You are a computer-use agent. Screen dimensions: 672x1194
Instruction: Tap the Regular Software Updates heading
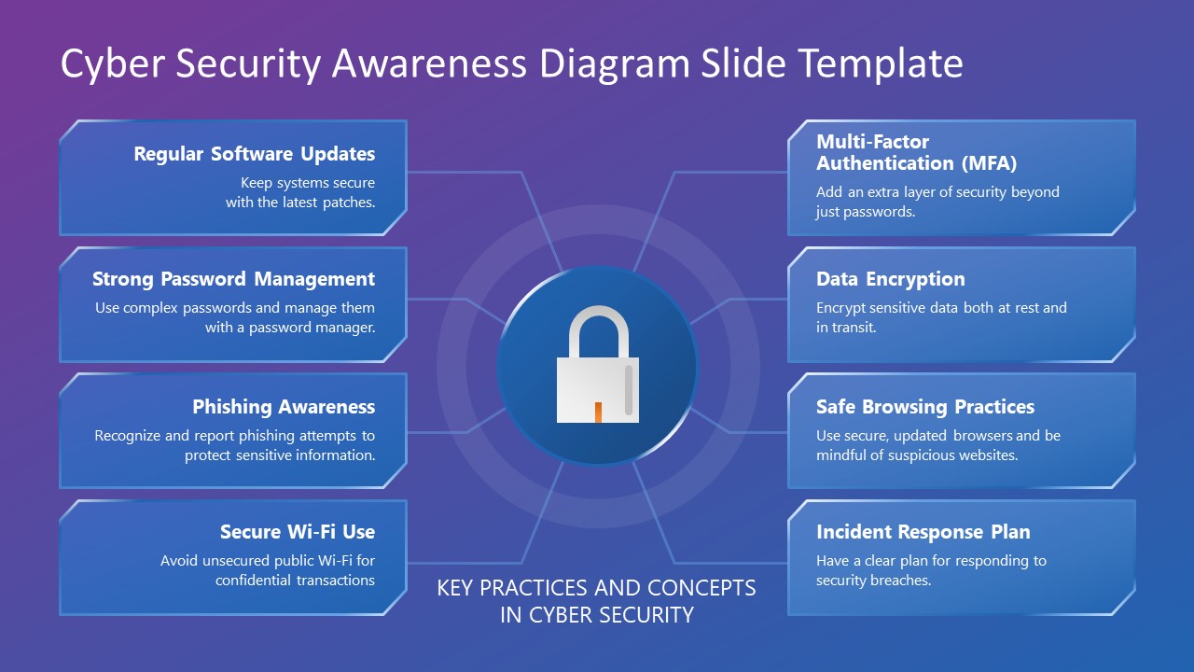(x=254, y=154)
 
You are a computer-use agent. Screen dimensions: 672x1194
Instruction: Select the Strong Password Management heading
(x=233, y=279)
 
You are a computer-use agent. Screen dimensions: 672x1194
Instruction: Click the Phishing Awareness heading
(x=284, y=407)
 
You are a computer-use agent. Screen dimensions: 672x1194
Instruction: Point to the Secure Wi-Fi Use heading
(x=298, y=532)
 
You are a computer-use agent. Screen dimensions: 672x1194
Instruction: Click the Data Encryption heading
(x=890, y=279)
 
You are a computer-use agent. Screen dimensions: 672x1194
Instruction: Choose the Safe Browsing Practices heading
(x=924, y=407)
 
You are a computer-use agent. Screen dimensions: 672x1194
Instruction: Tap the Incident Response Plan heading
(x=923, y=532)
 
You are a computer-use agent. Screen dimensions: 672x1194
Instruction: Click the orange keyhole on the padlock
(x=598, y=412)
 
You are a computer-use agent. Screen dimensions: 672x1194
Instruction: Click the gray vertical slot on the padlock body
(x=628, y=389)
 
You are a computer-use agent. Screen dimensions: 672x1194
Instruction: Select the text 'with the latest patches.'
(x=300, y=202)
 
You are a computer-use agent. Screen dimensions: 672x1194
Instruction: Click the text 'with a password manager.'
(x=290, y=328)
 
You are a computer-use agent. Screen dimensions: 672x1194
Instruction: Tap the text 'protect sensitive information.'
(x=280, y=455)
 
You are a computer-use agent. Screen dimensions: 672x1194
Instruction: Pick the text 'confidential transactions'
(x=295, y=581)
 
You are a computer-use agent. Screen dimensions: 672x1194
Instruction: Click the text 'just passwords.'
(x=866, y=212)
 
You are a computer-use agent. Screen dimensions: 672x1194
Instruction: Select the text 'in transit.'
(x=846, y=328)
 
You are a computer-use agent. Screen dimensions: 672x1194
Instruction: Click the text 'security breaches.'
(x=873, y=581)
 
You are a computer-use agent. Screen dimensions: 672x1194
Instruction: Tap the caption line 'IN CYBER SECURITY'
(x=597, y=615)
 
